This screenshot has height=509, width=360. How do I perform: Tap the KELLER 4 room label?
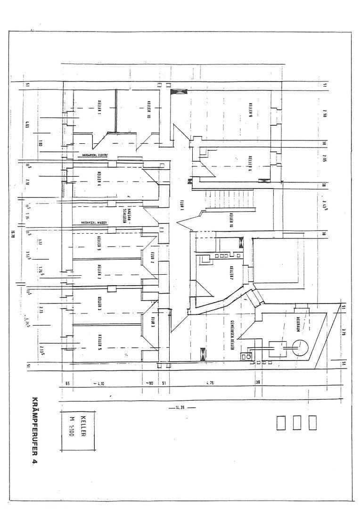pyautogui.click(x=99, y=179)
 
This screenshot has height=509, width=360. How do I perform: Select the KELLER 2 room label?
pyautogui.click(x=99, y=272)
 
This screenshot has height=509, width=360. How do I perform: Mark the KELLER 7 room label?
pyautogui.click(x=231, y=274)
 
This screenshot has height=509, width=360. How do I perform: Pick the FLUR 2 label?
pyautogui.click(x=153, y=257)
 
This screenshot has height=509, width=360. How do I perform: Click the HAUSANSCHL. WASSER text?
pyautogui.click(x=94, y=222)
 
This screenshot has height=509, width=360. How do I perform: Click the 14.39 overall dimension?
pyautogui.click(x=180, y=408)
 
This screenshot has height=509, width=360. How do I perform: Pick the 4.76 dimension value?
pyautogui.click(x=210, y=383)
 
